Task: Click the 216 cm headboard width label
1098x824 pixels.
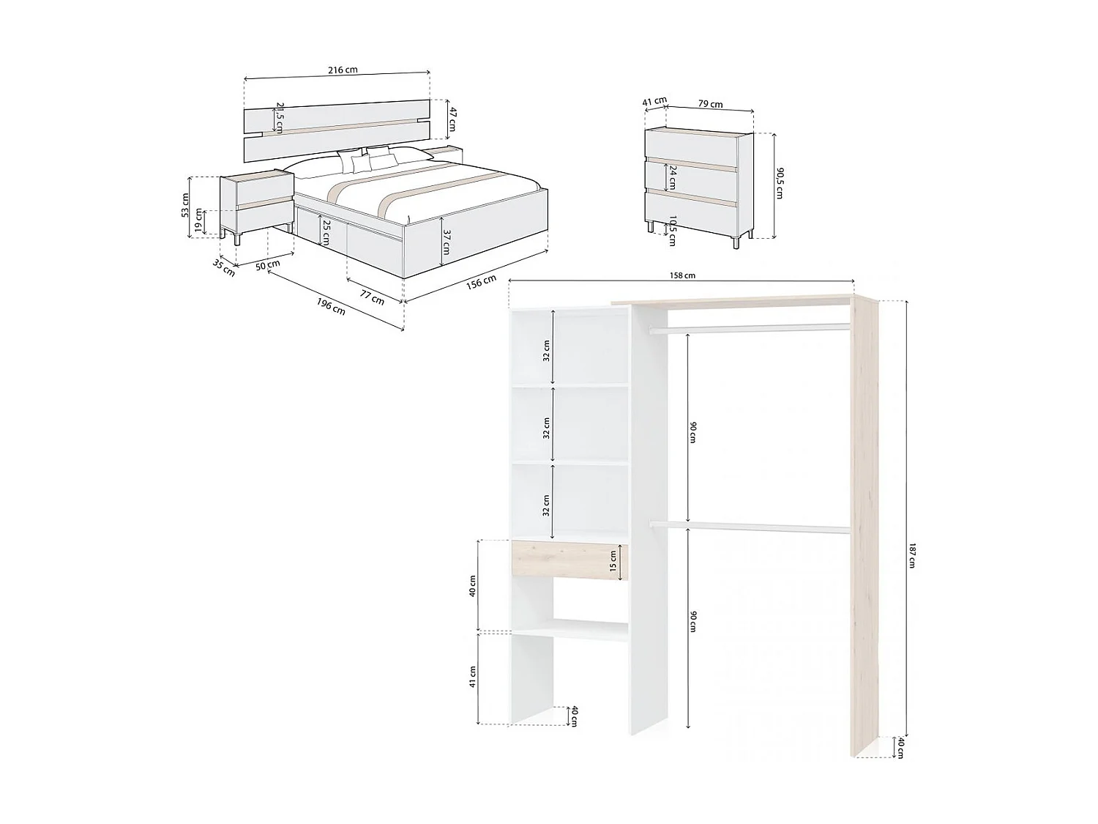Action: tap(342, 70)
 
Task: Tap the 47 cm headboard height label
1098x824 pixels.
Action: tap(452, 119)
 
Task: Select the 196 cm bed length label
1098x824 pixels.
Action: tap(332, 307)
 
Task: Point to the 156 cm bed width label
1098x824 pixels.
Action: tap(481, 282)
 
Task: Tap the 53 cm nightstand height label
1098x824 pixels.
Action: tap(185, 205)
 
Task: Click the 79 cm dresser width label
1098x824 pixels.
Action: tap(710, 104)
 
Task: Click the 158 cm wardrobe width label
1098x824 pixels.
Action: tap(682, 275)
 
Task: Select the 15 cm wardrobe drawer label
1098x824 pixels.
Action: tap(613, 561)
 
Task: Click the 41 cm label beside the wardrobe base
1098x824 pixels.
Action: tap(473, 677)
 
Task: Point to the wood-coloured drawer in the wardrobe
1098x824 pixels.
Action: tap(568, 561)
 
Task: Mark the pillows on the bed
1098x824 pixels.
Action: tap(366, 159)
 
